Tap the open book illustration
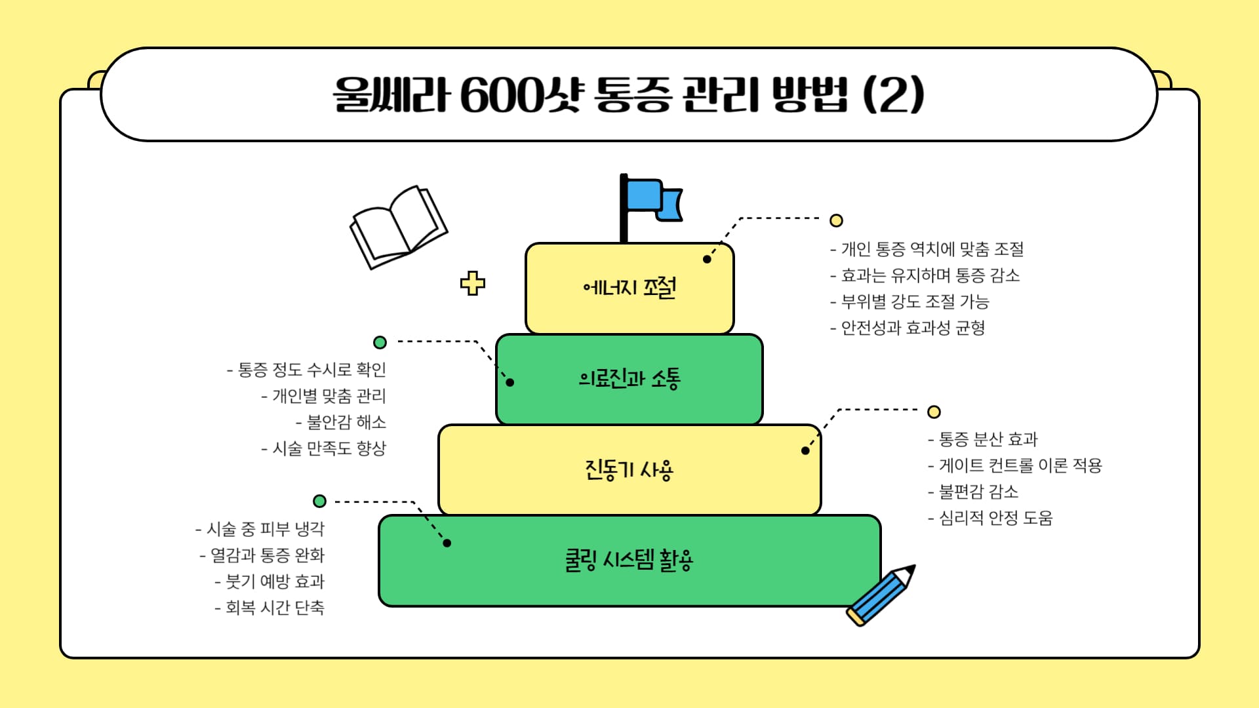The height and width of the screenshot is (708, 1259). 398,227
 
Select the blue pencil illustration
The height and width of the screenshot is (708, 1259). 880,595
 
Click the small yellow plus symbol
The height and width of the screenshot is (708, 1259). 472,283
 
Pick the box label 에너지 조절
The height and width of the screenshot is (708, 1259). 629,287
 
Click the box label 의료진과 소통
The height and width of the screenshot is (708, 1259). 629,378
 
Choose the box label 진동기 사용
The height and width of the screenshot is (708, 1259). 629,469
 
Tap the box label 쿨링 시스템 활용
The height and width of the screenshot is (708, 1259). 629,560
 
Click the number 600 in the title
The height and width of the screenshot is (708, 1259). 502,95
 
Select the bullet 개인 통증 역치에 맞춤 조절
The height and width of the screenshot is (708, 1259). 927,249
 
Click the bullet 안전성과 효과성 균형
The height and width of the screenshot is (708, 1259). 908,328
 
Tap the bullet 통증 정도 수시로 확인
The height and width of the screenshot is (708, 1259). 306,370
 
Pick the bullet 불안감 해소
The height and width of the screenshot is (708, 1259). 341,422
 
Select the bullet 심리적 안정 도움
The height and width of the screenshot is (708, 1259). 990,518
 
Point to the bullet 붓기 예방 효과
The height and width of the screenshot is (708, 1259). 270,581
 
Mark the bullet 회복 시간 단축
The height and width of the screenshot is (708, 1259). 270,608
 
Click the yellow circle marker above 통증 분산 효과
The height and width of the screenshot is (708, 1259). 934,412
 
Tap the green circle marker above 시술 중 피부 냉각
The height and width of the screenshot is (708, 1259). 319,501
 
